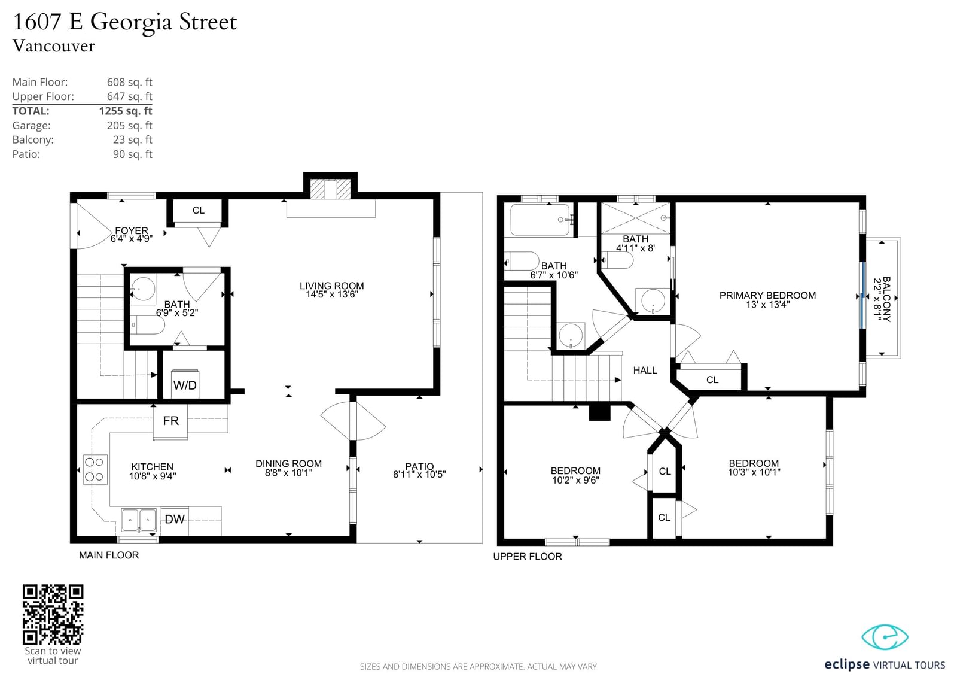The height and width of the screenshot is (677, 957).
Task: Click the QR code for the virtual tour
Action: [53, 614]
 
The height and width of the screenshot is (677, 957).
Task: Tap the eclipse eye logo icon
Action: [885, 637]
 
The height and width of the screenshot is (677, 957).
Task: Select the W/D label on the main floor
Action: [185, 385]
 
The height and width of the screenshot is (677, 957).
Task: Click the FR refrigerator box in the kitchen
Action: [170, 421]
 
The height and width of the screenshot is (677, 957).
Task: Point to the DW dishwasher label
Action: [175, 519]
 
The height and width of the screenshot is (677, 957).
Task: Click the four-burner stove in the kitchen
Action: [95, 469]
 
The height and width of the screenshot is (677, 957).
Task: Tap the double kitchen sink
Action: [139, 520]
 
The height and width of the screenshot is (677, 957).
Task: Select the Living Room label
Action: [331, 290]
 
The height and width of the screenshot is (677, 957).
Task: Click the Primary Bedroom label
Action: [767, 299]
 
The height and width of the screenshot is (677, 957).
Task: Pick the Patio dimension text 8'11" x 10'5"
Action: [419, 474]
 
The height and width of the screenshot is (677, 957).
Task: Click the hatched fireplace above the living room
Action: [330, 189]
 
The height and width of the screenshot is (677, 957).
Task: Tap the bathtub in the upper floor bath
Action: [540, 220]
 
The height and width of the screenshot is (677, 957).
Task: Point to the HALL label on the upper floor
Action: [645, 371]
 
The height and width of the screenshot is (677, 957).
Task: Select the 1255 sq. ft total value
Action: [126, 111]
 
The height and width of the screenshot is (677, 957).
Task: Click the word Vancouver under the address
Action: [53, 46]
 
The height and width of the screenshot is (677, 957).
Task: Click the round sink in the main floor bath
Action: [143, 289]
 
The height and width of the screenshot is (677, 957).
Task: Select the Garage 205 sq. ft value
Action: [129, 126]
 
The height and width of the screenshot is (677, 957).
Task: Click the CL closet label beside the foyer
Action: [198, 211]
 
